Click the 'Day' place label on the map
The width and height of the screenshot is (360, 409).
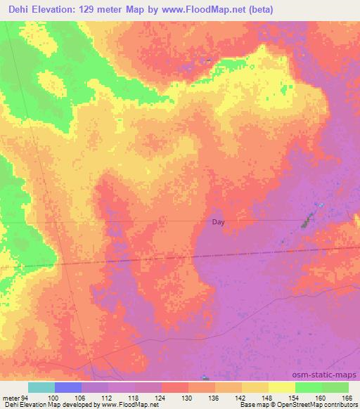pos(219,222)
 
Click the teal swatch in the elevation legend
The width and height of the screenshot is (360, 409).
pos(41,387)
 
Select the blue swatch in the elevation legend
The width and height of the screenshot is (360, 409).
pos(68,387)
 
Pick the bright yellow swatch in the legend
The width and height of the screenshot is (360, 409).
pos(281,387)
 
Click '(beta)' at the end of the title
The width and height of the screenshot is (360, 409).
pos(258,10)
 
